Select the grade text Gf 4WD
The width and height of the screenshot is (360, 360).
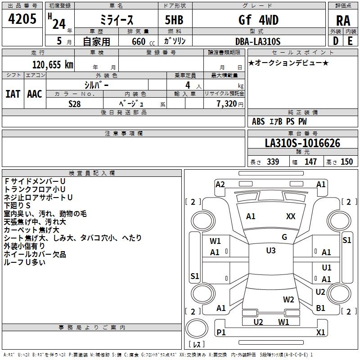(258, 20)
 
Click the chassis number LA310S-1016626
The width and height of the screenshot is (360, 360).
(302, 144)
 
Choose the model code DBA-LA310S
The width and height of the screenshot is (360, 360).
(258, 41)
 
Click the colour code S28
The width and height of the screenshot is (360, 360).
(75, 103)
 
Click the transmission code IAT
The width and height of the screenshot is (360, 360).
(13, 94)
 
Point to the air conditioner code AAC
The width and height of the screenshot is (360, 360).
(34, 94)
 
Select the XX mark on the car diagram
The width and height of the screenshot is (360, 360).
(291, 216)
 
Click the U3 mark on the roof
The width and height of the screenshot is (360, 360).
(271, 251)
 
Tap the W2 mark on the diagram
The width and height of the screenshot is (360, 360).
(288, 299)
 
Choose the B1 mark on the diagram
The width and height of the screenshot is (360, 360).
(321, 308)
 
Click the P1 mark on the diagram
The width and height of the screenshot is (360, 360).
(220, 332)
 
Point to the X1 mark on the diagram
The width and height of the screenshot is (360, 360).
(321, 332)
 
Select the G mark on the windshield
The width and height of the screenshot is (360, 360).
(284, 237)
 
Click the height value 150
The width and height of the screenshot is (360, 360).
(346, 162)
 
